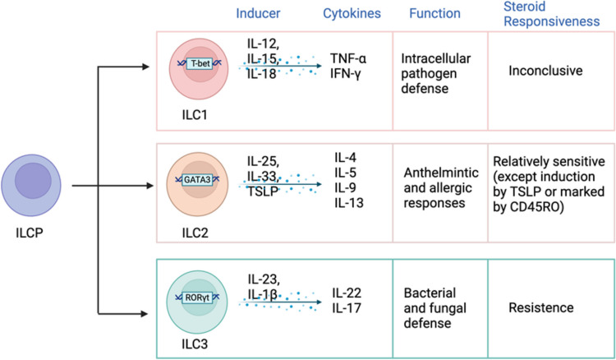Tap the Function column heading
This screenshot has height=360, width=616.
[435, 14]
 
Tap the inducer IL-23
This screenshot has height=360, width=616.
[264, 278]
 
